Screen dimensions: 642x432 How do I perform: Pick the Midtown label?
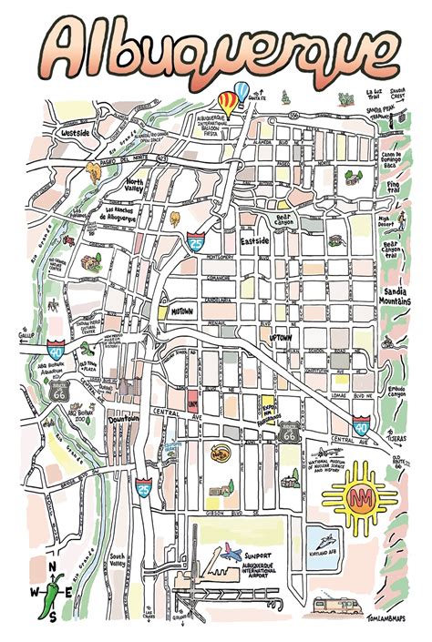(x=181, y=311)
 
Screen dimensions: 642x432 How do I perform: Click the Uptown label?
(x=282, y=337)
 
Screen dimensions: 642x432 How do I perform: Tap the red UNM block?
(x=192, y=398)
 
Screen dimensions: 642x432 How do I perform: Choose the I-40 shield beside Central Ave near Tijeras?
(x=361, y=426)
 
